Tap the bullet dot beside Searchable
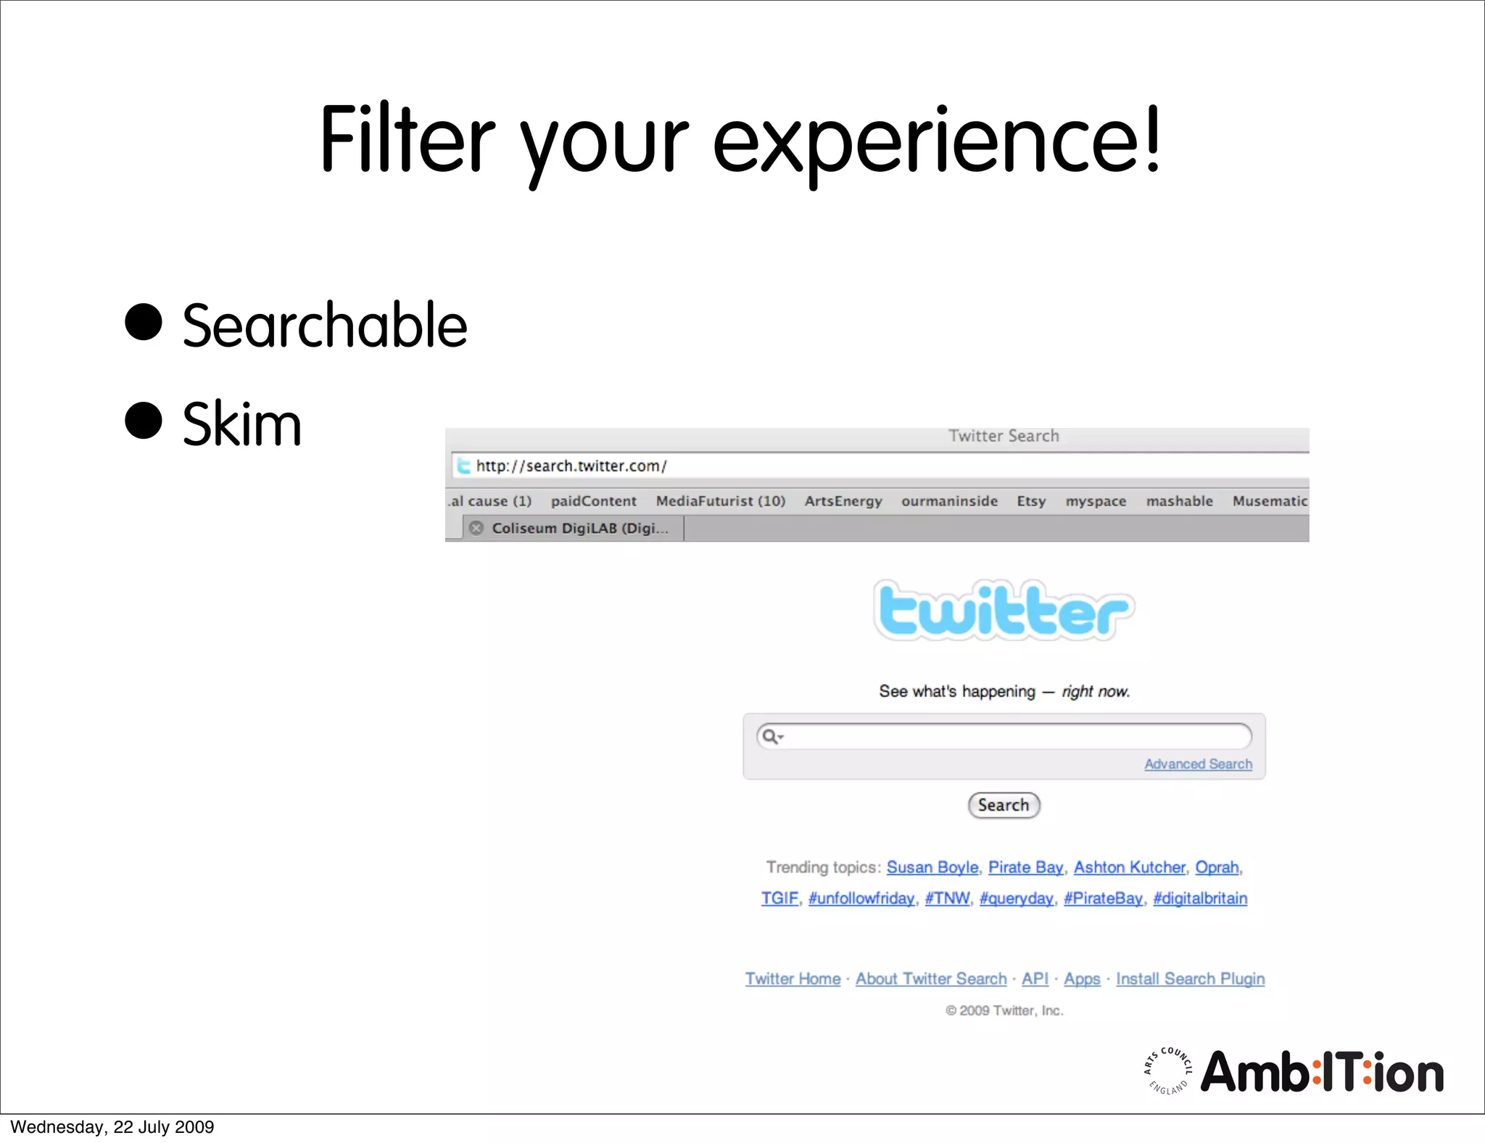click(x=143, y=322)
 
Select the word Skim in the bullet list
click(x=241, y=424)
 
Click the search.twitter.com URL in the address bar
click(x=571, y=466)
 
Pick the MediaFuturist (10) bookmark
click(x=720, y=501)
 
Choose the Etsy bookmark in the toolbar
click(x=1031, y=501)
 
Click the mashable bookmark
click(x=1179, y=501)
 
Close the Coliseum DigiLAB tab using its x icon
click(x=476, y=528)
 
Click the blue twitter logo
click(x=1004, y=611)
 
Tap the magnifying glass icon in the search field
click(x=770, y=737)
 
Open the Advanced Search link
click(x=1198, y=764)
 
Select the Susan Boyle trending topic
click(x=932, y=867)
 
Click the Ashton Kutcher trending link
click(x=1129, y=867)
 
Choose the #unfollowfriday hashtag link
click(x=861, y=899)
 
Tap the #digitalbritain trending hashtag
click(x=1200, y=899)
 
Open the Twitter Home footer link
click(x=793, y=979)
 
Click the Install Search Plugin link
click(x=1190, y=979)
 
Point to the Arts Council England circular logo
click(x=1168, y=1070)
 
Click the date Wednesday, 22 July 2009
click(x=112, y=1127)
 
